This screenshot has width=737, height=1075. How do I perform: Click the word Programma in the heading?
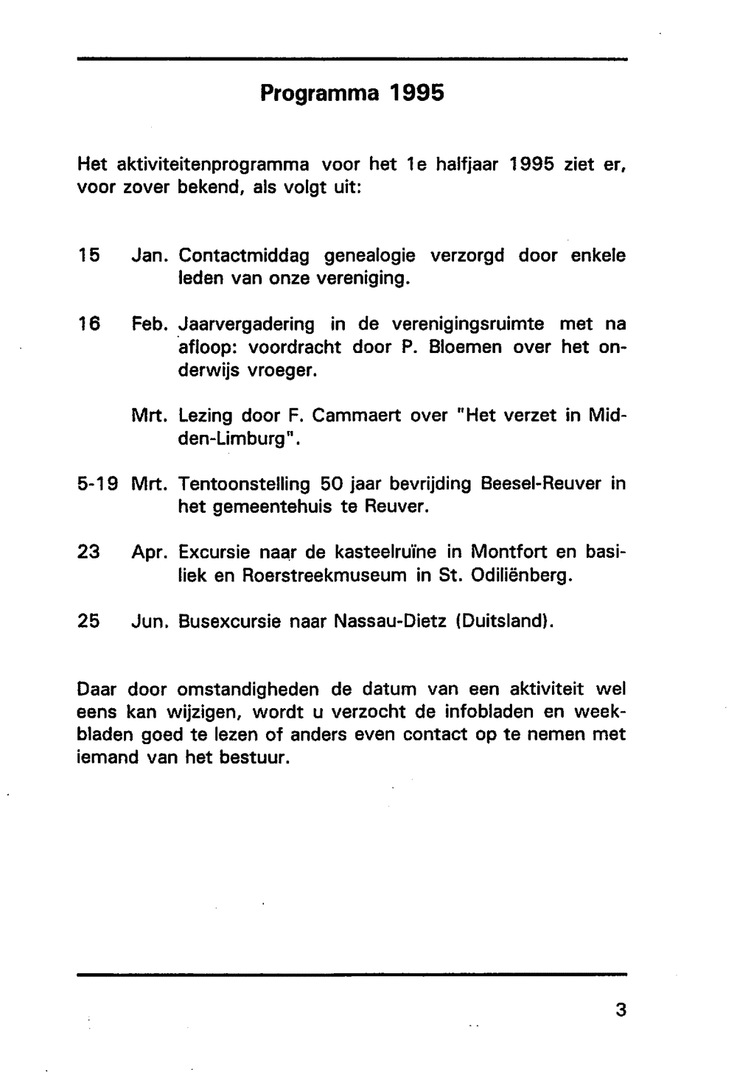pos(321,94)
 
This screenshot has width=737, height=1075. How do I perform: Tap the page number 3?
pos(620,1009)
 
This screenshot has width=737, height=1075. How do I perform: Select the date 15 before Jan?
pos(88,256)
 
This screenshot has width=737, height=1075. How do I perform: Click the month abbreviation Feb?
pos(151,323)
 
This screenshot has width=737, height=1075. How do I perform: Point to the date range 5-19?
pos(98,484)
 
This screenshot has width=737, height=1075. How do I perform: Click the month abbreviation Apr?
pos(151,553)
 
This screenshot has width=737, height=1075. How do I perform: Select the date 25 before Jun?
pos(88,621)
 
